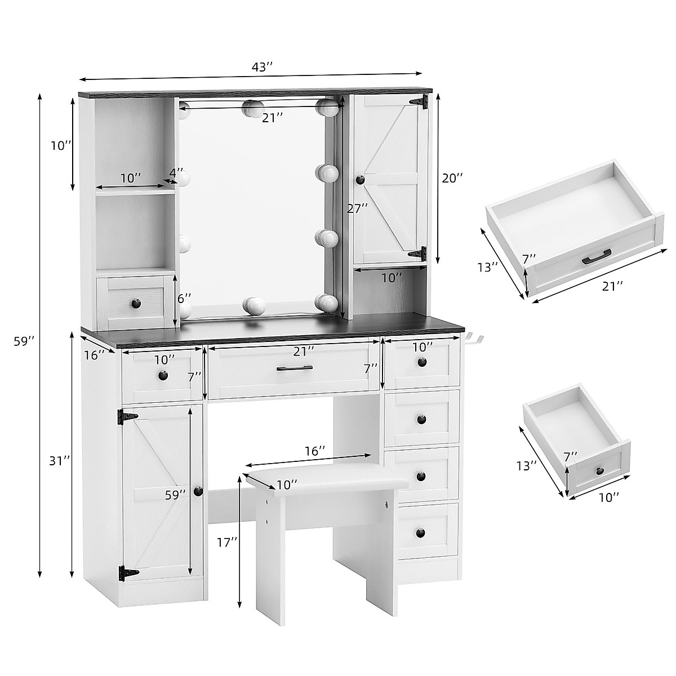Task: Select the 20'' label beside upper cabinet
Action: (x=452, y=178)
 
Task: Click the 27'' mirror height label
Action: (x=357, y=208)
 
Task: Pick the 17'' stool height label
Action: (x=227, y=542)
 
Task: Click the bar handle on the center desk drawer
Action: (x=295, y=368)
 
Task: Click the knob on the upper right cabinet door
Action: (x=360, y=179)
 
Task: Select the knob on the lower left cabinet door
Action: (x=198, y=491)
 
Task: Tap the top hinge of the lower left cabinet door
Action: (x=127, y=417)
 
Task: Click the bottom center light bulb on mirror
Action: (x=253, y=305)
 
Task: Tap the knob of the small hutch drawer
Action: (x=136, y=304)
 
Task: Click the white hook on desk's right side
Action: (x=474, y=339)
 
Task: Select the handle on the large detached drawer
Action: (x=597, y=257)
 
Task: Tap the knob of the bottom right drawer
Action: (x=421, y=532)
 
